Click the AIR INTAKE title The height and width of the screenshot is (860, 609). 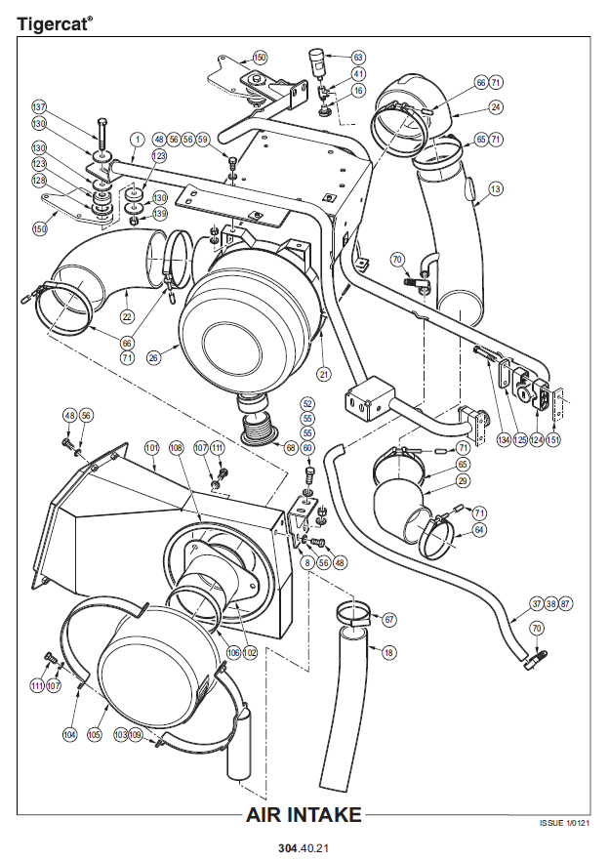pyautogui.click(x=304, y=815)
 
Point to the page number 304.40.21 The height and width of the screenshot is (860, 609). pyautogui.click(x=304, y=847)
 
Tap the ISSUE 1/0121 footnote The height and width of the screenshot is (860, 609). pyautogui.click(x=564, y=823)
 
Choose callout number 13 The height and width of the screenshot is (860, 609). pyautogui.click(x=496, y=188)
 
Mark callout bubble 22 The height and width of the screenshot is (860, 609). pyautogui.click(x=128, y=316)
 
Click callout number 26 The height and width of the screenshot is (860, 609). pyautogui.click(x=152, y=357)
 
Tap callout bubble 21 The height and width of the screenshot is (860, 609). pyautogui.click(x=323, y=373)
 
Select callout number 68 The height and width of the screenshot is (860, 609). pyautogui.click(x=290, y=447)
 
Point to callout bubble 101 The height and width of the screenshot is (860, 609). pyautogui.click(x=151, y=448)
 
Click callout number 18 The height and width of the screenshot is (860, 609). pyautogui.click(x=389, y=652)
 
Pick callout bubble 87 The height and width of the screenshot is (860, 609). pyautogui.click(x=567, y=603)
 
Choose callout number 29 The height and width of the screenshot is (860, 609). pyautogui.click(x=463, y=481)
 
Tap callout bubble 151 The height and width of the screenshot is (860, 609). pyautogui.click(x=553, y=441)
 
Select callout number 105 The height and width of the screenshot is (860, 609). pyautogui.click(x=95, y=734)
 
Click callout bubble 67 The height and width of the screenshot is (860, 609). pyautogui.click(x=389, y=620)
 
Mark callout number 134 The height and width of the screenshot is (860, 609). pyautogui.click(x=504, y=441)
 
